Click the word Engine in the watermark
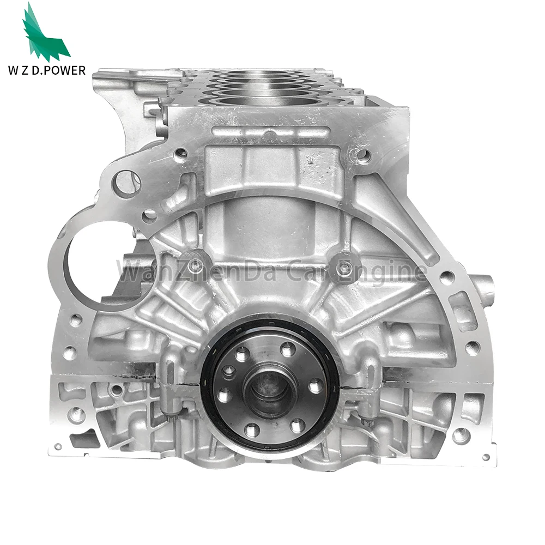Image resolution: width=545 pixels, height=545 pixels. [390, 271]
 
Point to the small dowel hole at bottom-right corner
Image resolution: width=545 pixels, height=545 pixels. [486, 457]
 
